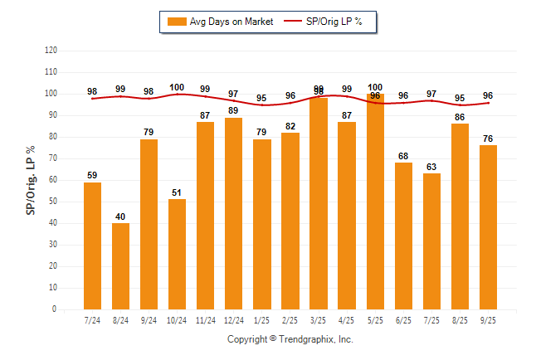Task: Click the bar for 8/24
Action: [x=120, y=266]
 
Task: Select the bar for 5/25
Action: [x=375, y=202]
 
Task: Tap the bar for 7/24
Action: [x=92, y=246]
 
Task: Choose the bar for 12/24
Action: [x=233, y=213]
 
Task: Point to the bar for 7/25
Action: [x=431, y=241]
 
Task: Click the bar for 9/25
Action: [x=488, y=227]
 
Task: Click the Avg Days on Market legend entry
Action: [x=220, y=22]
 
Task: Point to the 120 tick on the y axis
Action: [x=51, y=50]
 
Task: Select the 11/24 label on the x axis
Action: [x=205, y=319]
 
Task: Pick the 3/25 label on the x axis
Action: [x=319, y=319]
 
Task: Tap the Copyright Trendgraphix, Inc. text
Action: [x=290, y=339]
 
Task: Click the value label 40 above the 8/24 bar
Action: [x=120, y=216]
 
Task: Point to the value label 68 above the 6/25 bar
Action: [x=403, y=156]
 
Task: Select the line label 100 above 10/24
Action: [x=177, y=87]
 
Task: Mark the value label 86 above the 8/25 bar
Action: [x=460, y=117]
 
